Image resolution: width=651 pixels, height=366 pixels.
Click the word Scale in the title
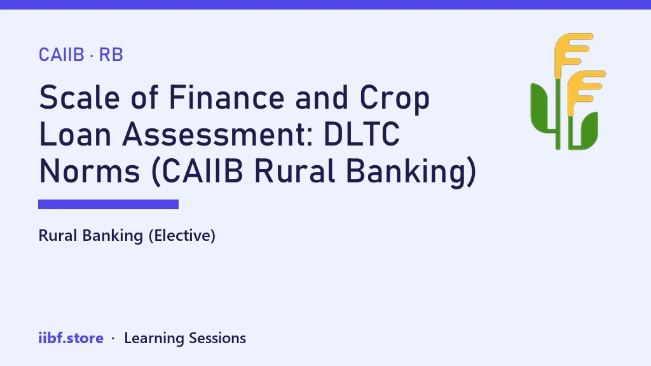[79, 97]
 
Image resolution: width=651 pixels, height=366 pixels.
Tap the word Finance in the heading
[226, 97]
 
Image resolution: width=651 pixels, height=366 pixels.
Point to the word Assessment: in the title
[217, 134]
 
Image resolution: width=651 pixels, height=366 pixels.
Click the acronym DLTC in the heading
[361, 134]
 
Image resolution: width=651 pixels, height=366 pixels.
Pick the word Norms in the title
[89, 171]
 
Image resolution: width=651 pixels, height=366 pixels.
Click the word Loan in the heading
[75, 134]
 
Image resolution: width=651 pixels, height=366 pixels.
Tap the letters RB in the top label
[111, 55]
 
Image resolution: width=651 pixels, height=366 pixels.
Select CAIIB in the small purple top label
[62, 55]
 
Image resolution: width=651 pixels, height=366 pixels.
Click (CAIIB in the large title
[197, 172]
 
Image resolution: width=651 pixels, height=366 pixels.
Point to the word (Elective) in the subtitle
[182, 236]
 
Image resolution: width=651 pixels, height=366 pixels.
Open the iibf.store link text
[71, 338]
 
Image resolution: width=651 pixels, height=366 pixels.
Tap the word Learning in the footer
[154, 339]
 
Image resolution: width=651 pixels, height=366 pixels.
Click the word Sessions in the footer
[217, 338]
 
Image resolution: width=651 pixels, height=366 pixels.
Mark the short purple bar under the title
[108, 204]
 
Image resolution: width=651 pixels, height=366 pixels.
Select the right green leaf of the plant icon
[587, 128]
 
